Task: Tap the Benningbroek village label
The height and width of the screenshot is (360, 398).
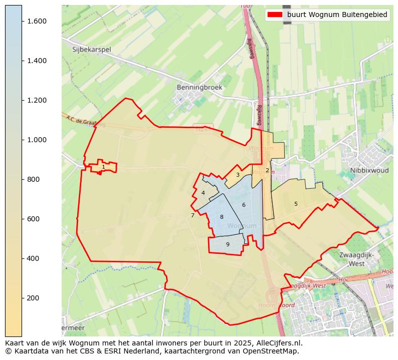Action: tap(199, 87)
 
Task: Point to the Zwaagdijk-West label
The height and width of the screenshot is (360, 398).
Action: tap(356, 259)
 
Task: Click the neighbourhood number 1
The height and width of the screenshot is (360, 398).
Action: tap(103, 167)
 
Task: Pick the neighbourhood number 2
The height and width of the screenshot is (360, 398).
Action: tap(267, 170)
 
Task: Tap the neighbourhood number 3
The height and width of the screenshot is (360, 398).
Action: tap(238, 175)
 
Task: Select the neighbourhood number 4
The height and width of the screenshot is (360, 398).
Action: tap(203, 193)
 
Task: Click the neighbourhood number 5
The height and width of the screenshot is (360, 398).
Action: tap(296, 204)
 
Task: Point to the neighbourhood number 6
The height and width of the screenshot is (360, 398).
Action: tap(244, 205)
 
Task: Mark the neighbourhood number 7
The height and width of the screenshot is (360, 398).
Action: tap(192, 216)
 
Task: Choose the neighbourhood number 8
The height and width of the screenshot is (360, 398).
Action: tap(222, 217)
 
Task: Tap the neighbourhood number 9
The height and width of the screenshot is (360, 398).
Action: tap(228, 244)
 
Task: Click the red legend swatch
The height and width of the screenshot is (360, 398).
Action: tap(275, 15)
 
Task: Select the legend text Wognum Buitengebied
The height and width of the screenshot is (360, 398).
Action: tap(337, 15)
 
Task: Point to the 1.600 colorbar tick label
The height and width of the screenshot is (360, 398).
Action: tap(37, 21)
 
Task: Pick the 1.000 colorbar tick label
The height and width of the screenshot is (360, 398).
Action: tap(37, 140)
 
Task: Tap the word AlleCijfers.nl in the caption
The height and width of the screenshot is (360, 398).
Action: tap(279, 343)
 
